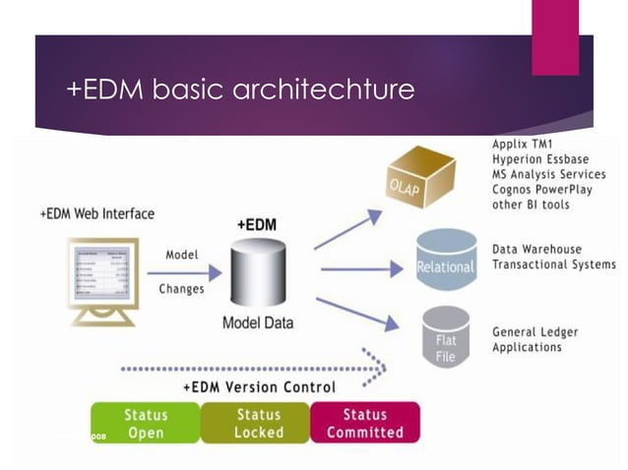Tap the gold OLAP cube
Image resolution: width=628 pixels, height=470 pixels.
(419, 178)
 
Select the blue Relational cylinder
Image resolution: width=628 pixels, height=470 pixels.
(445, 260)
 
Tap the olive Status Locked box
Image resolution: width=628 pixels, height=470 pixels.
(258, 423)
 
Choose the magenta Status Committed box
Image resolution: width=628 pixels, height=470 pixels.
(364, 423)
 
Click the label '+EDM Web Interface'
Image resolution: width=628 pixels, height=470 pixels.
(96, 213)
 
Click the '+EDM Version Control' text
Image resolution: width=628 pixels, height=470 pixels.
(259, 386)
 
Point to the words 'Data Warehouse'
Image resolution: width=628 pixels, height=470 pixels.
(537, 250)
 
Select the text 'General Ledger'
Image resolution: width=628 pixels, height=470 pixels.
(535, 332)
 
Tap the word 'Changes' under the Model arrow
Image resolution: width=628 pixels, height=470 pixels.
(181, 289)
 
